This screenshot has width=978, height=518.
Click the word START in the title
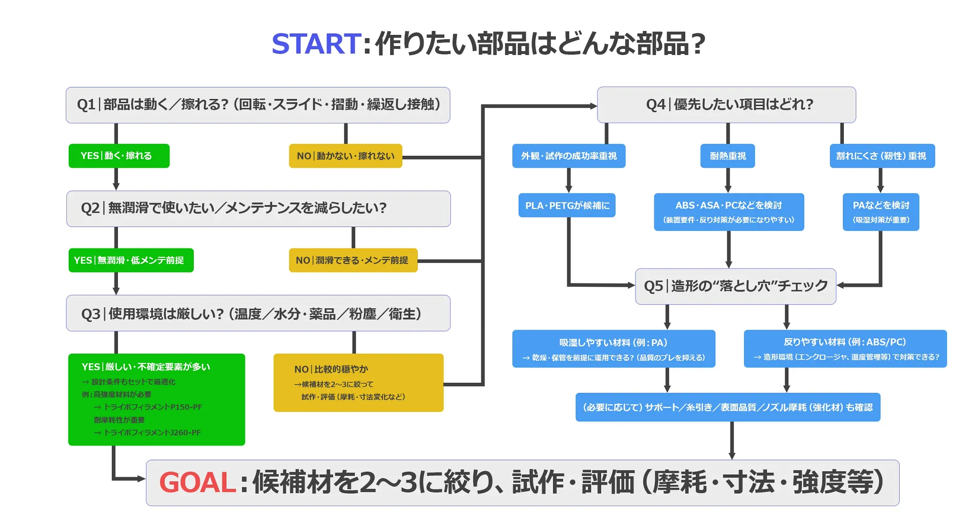[316, 44]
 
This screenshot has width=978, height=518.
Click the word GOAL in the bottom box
[198, 482]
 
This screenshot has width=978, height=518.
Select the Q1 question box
[258, 105]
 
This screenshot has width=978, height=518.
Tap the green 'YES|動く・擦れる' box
[119, 156]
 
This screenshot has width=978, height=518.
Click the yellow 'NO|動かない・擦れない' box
[345, 156]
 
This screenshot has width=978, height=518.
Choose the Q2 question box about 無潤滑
[258, 208]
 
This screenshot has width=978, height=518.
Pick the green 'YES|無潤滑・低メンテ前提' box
[131, 260]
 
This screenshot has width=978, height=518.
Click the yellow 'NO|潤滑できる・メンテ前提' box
[353, 260]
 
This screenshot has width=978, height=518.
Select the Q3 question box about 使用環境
[258, 313]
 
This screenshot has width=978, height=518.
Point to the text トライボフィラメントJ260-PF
[152, 432]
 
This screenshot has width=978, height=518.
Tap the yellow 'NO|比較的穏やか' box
[358, 382]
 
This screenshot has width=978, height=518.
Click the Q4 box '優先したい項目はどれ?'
[726, 105]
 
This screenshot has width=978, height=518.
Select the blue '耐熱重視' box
[727, 156]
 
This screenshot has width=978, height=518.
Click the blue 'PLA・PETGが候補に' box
[567, 205]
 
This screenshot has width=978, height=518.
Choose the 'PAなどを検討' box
[881, 212]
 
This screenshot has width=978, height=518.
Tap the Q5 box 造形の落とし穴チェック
[735, 286]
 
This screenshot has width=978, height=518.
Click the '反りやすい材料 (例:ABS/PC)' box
[845, 348]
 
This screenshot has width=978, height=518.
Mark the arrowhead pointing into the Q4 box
[593, 106]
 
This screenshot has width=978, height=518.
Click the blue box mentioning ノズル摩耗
[727, 407]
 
